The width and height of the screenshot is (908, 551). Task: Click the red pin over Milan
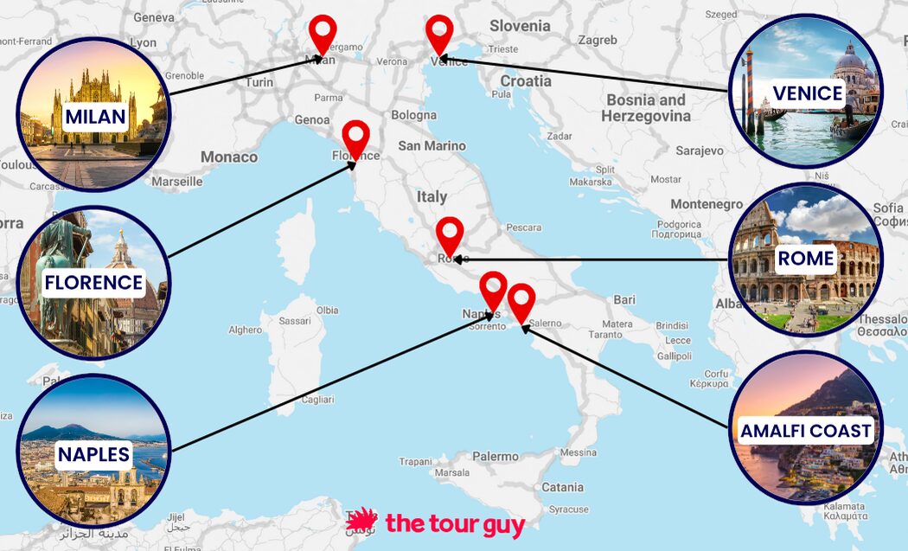[x=323, y=33]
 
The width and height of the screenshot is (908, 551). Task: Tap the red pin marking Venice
[x=439, y=33]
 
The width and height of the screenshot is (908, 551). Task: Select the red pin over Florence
[x=355, y=137]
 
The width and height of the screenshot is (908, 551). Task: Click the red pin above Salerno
[x=521, y=300]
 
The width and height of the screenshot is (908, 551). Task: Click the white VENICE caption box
[x=808, y=93]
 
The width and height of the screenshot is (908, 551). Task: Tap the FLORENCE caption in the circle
[x=93, y=283]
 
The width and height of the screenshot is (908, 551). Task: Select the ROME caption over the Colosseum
[x=805, y=259]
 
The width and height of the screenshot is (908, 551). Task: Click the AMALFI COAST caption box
[x=806, y=430]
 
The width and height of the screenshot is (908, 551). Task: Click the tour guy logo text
[x=455, y=523]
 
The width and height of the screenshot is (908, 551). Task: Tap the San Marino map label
[x=432, y=145]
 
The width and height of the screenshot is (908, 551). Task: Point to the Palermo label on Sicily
[x=496, y=456]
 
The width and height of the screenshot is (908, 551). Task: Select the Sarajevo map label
[x=700, y=151]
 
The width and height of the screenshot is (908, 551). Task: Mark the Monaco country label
[x=229, y=157]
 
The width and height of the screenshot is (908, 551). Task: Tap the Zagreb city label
[x=598, y=40]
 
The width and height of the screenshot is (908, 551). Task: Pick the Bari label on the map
[x=624, y=300]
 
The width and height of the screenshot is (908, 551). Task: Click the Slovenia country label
[x=520, y=26]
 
